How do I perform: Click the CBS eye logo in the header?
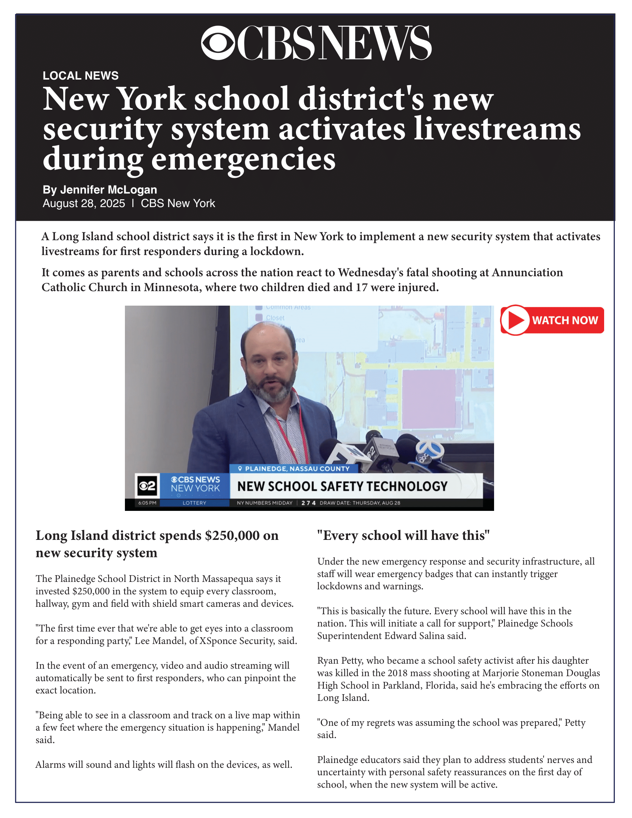[x=218, y=43]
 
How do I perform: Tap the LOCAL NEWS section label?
[x=81, y=75]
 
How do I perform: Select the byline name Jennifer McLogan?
[x=109, y=190]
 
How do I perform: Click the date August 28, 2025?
[x=84, y=203]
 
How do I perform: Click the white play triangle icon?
[x=516, y=320]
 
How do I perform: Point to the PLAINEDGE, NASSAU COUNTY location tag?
[x=294, y=468]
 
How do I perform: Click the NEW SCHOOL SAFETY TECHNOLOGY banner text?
[x=342, y=486]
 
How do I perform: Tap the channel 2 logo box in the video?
[x=147, y=486]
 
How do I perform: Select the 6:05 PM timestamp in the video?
[x=147, y=503]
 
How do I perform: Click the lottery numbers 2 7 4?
[x=309, y=503]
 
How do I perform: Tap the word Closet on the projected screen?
[x=275, y=318]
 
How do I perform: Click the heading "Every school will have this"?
[x=403, y=535]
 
